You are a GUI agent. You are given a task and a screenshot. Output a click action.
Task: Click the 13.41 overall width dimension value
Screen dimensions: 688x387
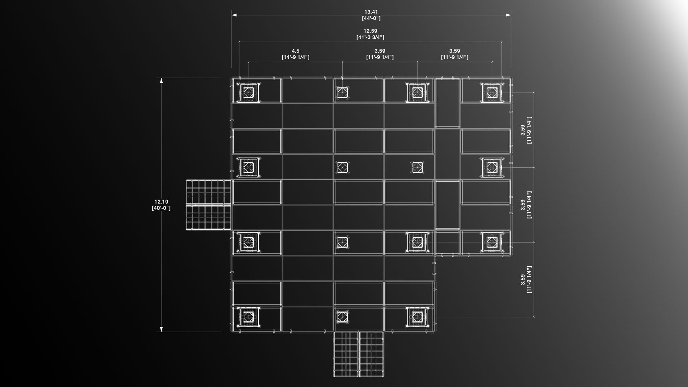pos(371,12)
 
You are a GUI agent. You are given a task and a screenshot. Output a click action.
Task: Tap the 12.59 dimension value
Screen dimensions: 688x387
pos(370,31)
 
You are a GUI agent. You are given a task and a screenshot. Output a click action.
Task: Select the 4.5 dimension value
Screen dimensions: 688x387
pos(295,51)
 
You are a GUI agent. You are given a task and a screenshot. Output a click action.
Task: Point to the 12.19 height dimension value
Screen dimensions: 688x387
pos(161,202)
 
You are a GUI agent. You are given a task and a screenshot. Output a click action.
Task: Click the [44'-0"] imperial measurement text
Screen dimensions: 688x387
pos(371,18)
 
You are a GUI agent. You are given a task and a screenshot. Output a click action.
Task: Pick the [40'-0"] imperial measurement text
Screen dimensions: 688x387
pos(161,208)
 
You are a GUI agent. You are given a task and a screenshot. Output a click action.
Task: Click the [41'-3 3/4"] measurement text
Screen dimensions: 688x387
pos(370,37)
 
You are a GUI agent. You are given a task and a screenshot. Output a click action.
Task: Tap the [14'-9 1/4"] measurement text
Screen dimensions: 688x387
pos(296,57)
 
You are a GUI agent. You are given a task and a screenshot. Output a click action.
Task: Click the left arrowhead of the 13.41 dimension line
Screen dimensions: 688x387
pos(234,15)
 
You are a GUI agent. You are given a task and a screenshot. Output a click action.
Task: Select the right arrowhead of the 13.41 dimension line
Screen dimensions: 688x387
pos(508,15)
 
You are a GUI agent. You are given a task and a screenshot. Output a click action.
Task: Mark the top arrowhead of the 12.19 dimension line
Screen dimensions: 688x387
pos(161,80)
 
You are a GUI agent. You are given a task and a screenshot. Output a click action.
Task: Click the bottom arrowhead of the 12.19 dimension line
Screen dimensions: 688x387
pos(161,329)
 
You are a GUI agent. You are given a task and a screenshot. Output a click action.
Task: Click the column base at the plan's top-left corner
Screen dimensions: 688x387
pos(248,93)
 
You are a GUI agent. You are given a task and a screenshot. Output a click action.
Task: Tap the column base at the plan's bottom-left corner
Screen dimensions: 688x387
pos(248,317)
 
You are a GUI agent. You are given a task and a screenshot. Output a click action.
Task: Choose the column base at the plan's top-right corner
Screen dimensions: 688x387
pos(492,93)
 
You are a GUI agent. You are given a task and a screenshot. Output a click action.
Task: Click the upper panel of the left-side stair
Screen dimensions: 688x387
pos(208,192)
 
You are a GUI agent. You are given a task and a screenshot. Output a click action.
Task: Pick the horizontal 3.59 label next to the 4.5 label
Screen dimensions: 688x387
pos(380,51)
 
